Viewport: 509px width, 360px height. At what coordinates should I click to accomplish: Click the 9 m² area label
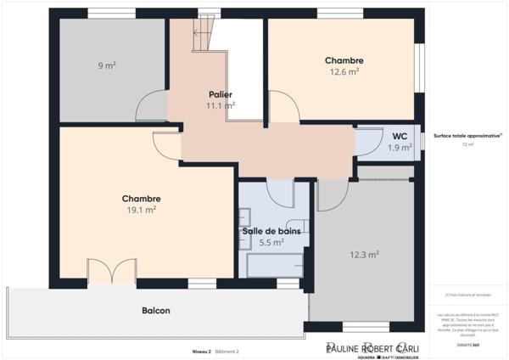[x=106, y=65]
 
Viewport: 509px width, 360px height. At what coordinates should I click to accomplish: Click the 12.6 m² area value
[x=344, y=72]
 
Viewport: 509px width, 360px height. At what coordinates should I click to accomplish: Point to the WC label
[x=400, y=136]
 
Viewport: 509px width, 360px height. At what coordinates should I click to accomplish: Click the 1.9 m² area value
[x=400, y=147]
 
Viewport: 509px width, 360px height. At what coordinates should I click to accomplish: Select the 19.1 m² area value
[x=141, y=210]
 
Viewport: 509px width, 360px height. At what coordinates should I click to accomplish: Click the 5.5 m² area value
[x=271, y=242]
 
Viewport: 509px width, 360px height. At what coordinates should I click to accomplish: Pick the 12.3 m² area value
[x=364, y=254]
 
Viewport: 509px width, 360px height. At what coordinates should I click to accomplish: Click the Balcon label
[x=156, y=311]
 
